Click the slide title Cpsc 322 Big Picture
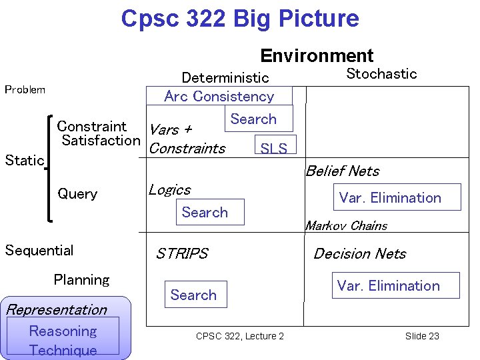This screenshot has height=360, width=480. [240, 19]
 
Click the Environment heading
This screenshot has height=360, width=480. [317, 55]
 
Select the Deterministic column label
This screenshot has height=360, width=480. [225, 78]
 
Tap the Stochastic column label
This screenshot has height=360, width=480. [381, 74]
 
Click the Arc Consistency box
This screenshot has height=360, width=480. [219, 96]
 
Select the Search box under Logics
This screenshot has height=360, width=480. [205, 212]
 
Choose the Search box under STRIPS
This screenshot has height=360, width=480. [193, 295]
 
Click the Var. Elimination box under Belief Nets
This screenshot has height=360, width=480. [390, 197]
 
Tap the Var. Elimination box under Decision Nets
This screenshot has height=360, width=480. [389, 285]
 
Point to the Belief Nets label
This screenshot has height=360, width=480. [342, 171]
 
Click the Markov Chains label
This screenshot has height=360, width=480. [346, 226]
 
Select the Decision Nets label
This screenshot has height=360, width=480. [359, 253]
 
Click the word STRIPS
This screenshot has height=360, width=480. [182, 253]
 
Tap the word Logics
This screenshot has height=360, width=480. [169, 190]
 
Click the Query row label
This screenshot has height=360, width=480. [77, 194]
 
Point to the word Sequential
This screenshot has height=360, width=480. [39, 251]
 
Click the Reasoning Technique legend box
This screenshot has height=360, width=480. [63, 340]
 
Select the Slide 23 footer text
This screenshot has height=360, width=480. [422, 336]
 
